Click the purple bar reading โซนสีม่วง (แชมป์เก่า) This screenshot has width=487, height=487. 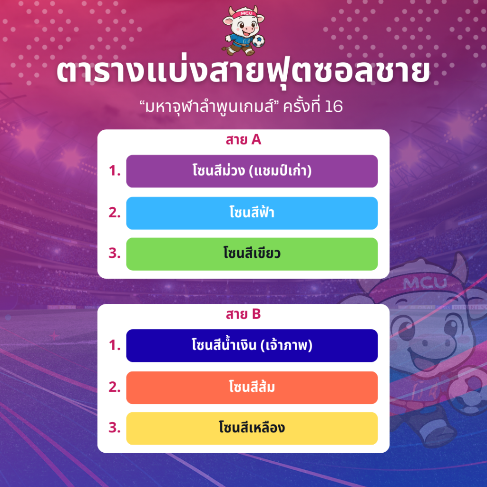(x=252, y=171)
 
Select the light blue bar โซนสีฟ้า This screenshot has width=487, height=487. (x=252, y=213)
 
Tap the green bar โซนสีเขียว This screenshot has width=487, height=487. (x=252, y=254)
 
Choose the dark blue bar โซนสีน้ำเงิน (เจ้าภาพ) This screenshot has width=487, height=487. (x=252, y=346)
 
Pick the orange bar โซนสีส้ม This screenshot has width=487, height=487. (x=252, y=388)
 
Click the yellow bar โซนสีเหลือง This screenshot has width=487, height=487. (x=252, y=429)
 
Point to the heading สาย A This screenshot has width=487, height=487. (x=243, y=140)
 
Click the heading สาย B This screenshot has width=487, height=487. (x=243, y=314)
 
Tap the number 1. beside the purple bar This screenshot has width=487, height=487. (x=115, y=171)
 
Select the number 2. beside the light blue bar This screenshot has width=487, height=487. (x=115, y=213)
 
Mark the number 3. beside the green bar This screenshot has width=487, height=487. (x=115, y=253)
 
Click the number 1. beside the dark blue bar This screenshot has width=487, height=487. (x=115, y=345)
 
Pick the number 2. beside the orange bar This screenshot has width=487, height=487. (x=115, y=387)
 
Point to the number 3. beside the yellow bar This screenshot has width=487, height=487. (x=115, y=428)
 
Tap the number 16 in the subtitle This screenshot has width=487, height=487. (x=333, y=107)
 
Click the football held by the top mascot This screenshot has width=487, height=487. (x=258, y=41)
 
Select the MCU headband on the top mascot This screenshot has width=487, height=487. (x=245, y=14)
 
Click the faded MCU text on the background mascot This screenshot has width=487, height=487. (x=425, y=282)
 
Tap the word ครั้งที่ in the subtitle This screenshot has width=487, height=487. (x=302, y=106)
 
